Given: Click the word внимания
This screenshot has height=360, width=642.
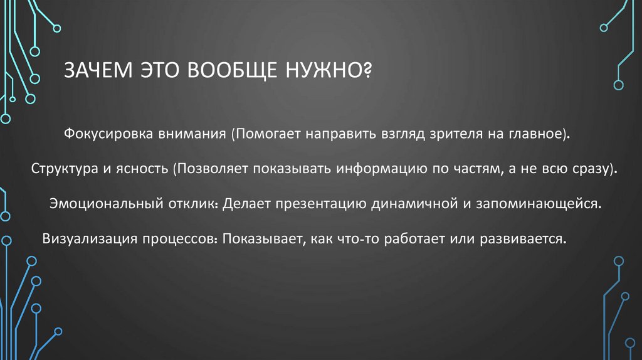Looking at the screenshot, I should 200,134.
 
